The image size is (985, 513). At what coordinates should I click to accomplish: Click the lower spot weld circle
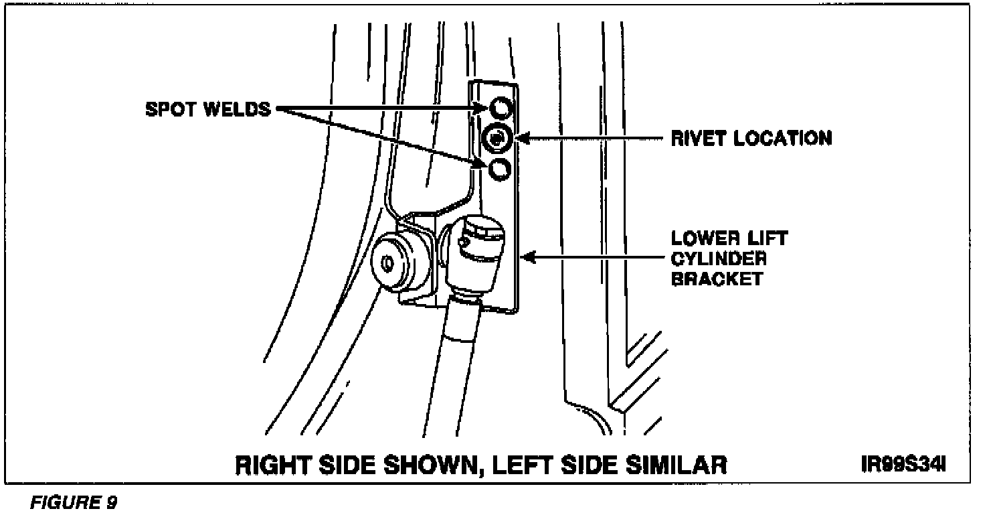coord(500,169)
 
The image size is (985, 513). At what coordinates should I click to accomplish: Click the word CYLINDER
coord(719,259)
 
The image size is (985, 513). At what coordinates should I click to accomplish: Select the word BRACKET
coord(716,279)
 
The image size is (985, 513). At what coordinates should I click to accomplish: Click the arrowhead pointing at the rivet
coord(523,139)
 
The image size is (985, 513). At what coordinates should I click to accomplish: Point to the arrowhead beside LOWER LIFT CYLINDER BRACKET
coord(529,256)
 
